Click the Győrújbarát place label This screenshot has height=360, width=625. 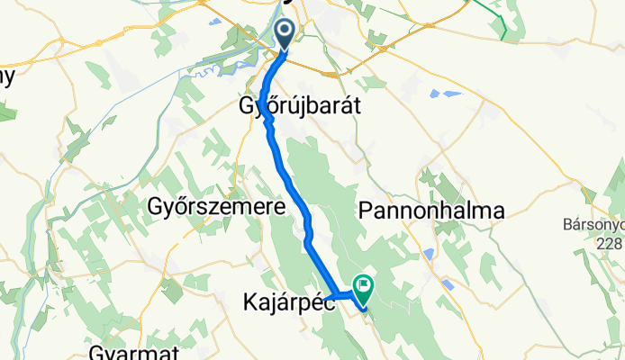tap(300, 105)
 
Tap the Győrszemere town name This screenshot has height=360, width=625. tap(216, 206)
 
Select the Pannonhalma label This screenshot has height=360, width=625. tap(430, 210)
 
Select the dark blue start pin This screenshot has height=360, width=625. tap(285, 34)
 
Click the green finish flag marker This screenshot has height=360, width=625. tap(364, 288)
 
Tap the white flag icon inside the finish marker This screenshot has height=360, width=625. tap(364, 286)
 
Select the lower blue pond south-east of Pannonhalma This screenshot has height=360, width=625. tap(448, 284)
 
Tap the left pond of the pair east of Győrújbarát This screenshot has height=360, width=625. tap(436, 93)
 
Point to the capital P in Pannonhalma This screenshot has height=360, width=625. tap(365, 210)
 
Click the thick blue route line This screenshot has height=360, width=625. tap(290, 180)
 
